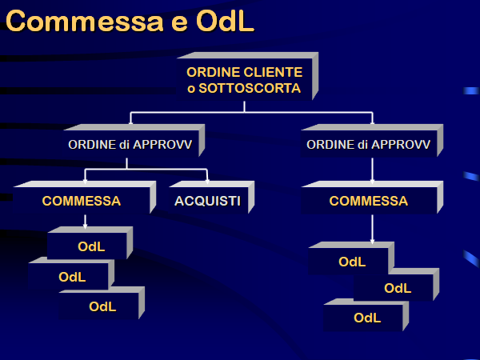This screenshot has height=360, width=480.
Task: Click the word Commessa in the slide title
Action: (85, 22)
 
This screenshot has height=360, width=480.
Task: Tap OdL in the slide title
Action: (225, 21)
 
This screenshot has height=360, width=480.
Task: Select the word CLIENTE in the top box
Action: (274, 72)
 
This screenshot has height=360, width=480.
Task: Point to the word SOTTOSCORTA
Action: (250, 88)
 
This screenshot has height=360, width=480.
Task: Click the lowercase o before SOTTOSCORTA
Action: (191, 89)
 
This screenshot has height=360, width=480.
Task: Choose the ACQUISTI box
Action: (211, 198)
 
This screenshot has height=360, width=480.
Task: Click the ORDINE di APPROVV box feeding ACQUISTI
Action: (134, 141)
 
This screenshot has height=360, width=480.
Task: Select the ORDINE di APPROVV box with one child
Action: (372, 141)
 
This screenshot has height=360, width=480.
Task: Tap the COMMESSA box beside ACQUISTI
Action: (85, 198)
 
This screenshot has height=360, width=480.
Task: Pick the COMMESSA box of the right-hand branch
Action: (372, 198)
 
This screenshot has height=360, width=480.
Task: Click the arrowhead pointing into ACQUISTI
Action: (207, 182)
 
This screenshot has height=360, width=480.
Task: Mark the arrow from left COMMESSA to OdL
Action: (85, 222)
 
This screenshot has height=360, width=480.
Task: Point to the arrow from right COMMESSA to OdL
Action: (372, 230)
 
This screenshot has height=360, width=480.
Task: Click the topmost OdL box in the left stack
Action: (90, 243)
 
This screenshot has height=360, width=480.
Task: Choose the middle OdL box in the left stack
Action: (71, 274)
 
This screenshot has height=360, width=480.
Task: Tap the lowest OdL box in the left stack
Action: (102, 303)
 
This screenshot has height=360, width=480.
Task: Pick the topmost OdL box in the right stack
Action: (351, 258)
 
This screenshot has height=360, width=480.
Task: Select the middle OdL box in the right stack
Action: (397, 285)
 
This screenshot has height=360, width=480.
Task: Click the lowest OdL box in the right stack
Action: (366, 315)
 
